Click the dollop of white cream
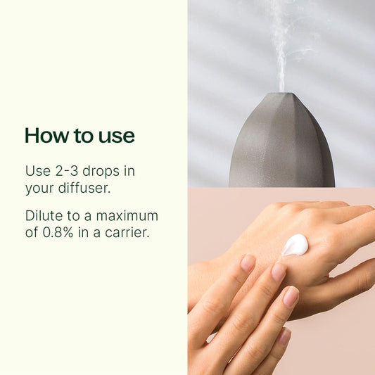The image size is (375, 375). click(x=295, y=245)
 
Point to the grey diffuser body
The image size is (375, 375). click(x=281, y=148)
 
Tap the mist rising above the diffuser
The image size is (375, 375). click(x=281, y=42)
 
